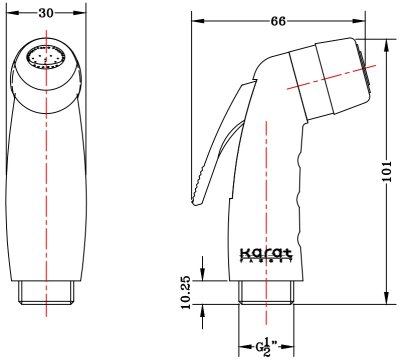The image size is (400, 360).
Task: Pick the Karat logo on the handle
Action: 269,255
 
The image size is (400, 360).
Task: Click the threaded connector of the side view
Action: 269,292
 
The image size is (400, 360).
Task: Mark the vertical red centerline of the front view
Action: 48,180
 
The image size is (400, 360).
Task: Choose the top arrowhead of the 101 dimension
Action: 387,39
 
